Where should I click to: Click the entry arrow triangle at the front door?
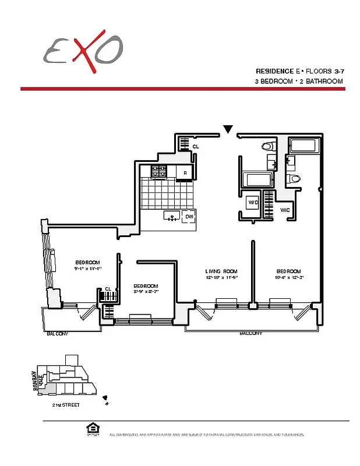point(228,129)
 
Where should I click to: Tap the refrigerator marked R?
point(185,172)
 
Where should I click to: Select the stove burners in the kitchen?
point(159,171)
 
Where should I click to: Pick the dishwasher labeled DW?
point(188,217)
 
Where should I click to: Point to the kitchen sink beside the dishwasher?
point(171,217)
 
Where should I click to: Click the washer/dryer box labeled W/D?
point(253,203)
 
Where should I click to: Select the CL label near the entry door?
point(196,147)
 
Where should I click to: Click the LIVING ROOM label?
point(221,271)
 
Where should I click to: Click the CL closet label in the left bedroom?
point(108,289)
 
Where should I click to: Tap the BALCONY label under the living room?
point(250,334)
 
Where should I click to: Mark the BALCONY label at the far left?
point(58,334)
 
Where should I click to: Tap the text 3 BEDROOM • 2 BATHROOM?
point(298,82)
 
